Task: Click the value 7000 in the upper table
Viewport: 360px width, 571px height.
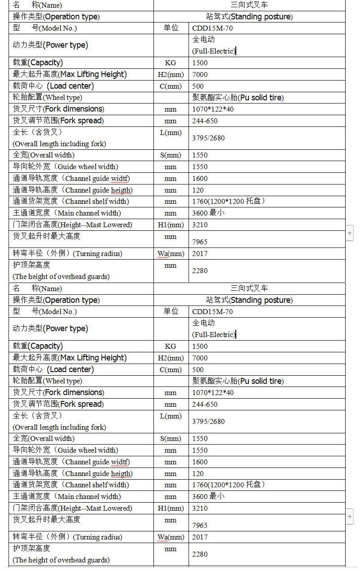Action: click(x=200, y=74)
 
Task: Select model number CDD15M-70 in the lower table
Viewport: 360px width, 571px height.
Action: click(x=212, y=311)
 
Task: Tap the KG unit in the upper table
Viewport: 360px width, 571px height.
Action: click(x=171, y=63)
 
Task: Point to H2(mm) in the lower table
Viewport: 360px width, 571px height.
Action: click(x=171, y=358)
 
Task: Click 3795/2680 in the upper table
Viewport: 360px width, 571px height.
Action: click(x=208, y=138)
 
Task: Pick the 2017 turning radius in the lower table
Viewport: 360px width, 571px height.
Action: click(x=200, y=537)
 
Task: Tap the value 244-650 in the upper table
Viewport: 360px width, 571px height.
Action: click(x=205, y=121)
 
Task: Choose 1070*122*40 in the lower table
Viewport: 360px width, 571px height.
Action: click(x=213, y=392)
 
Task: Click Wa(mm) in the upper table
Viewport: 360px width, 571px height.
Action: click(x=171, y=253)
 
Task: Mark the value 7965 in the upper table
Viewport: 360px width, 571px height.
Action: click(x=200, y=242)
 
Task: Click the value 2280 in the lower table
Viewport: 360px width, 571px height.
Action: click(x=200, y=554)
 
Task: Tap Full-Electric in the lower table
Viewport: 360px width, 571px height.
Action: click(x=214, y=334)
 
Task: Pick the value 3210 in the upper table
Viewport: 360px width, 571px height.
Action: click(x=200, y=225)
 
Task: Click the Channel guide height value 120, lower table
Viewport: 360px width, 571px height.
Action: click(x=198, y=473)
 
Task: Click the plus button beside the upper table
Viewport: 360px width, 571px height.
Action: click(x=350, y=233)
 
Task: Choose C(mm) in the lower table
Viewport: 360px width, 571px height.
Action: click(x=171, y=369)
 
